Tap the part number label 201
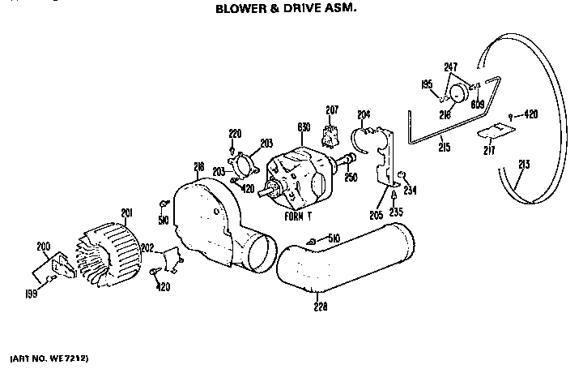click(x=126, y=212)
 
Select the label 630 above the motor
click(x=304, y=127)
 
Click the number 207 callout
click(x=332, y=109)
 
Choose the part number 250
click(x=351, y=177)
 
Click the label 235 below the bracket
click(x=394, y=212)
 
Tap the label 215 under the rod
click(x=444, y=147)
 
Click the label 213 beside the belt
click(x=524, y=165)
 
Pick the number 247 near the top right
click(x=450, y=67)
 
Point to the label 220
click(x=235, y=133)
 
